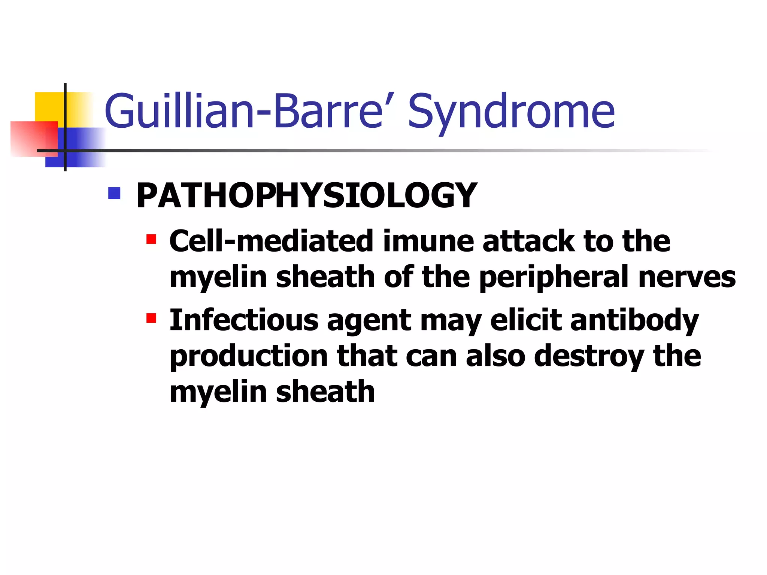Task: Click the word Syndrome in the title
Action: (511, 112)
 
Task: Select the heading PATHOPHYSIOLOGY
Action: (307, 195)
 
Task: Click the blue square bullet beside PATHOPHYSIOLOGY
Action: (114, 193)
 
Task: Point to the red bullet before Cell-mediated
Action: (151, 239)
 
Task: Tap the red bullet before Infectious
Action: (151, 318)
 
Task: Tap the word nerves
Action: (687, 278)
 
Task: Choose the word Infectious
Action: (244, 320)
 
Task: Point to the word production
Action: (249, 356)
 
